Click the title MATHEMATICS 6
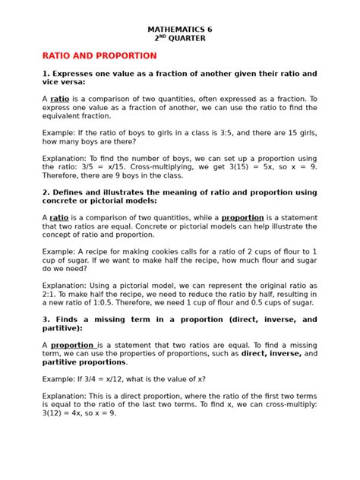tap(180, 30)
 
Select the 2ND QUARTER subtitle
tap(180, 41)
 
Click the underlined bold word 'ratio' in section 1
tap(59, 99)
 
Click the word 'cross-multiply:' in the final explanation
tap(285, 405)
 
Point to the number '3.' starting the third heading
tap(46, 320)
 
